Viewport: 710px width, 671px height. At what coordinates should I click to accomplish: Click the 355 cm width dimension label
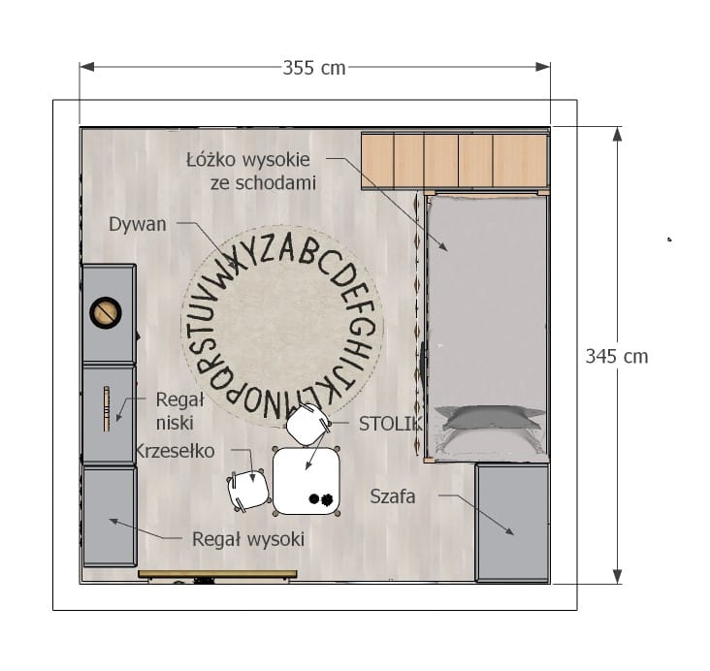coord(314,68)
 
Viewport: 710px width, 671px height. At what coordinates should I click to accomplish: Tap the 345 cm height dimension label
coord(617,357)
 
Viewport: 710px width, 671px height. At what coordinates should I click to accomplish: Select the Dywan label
coord(138,224)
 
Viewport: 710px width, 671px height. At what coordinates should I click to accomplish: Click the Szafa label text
coord(393,496)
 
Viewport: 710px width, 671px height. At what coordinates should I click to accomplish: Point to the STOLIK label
coord(390,424)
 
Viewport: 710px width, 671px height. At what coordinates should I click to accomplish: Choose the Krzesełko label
coord(175,451)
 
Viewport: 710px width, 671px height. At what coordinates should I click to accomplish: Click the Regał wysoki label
coord(248,539)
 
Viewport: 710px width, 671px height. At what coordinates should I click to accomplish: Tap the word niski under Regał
coord(175,423)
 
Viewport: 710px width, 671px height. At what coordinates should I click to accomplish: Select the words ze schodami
coord(263,183)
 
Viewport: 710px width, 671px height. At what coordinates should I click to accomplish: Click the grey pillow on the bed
coord(489,418)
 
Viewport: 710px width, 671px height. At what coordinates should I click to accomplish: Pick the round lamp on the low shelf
coord(106,312)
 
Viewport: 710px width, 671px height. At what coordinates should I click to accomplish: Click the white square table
coord(307,481)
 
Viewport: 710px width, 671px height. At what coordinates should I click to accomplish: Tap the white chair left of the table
coord(248,490)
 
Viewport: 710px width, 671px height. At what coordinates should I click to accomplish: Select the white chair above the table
coord(307,425)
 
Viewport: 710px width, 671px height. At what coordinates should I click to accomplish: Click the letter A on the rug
coord(286,248)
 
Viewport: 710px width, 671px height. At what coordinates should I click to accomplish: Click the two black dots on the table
coord(321,499)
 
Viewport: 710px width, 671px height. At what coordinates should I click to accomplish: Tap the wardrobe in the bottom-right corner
coord(512,523)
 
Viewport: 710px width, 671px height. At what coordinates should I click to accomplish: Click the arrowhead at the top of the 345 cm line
coord(617,134)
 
